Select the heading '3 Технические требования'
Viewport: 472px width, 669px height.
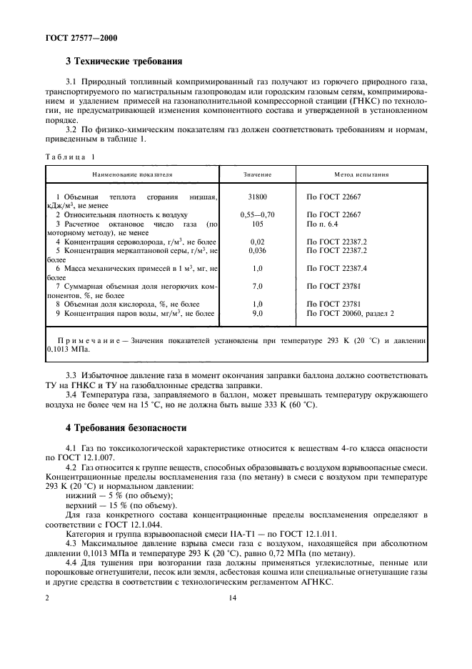click(x=124, y=62)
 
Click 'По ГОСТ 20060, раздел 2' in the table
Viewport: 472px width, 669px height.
click(x=350, y=313)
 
